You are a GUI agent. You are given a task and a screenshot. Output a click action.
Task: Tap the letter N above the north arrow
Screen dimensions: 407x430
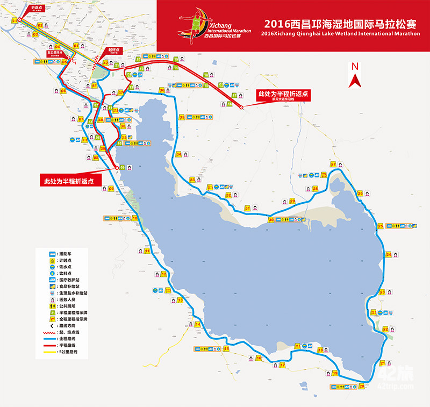(x=354, y=66)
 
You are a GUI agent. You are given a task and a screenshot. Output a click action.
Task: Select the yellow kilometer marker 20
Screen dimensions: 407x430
(x=362, y=385)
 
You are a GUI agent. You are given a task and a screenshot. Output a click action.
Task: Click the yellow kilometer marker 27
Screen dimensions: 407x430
(x=333, y=165)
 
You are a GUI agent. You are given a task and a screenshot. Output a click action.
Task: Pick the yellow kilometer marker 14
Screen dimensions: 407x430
(x=197, y=324)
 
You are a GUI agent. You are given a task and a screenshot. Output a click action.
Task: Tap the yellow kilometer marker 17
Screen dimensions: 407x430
(x=282, y=365)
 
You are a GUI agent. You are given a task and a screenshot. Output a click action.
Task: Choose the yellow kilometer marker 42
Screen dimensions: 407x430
(x=106, y=63)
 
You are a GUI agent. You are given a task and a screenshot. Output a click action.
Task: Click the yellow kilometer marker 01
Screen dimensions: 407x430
(x=76, y=46)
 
